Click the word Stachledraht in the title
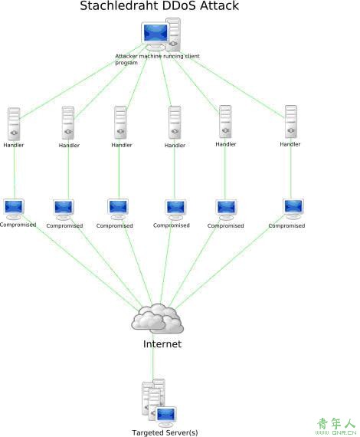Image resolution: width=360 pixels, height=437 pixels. click(119, 5)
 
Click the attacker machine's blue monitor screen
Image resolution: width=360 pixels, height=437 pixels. click(155, 33)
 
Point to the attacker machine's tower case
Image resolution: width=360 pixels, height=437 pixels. click(173, 34)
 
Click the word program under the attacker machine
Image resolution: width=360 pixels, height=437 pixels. click(126, 63)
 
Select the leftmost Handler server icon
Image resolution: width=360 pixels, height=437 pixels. click(14, 124)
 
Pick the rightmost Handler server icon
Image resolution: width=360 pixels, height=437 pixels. click(290, 122)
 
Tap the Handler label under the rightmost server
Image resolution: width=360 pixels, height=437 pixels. click(290, 144)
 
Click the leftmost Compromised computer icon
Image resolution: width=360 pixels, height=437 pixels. click(13, 209)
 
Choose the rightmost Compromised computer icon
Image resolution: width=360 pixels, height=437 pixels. click(293, 209)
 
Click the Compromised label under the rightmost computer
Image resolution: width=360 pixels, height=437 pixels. click(286, 225)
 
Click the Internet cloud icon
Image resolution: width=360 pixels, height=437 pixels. click(157, 319)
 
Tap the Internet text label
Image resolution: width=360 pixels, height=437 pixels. click(162, 344)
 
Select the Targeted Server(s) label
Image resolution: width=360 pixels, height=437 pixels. click(165, 432)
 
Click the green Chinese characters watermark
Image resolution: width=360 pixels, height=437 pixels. click(336, 424)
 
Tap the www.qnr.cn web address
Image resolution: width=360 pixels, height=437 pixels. click(335, 432)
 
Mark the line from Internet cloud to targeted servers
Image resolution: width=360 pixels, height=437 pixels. click(153, 356)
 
